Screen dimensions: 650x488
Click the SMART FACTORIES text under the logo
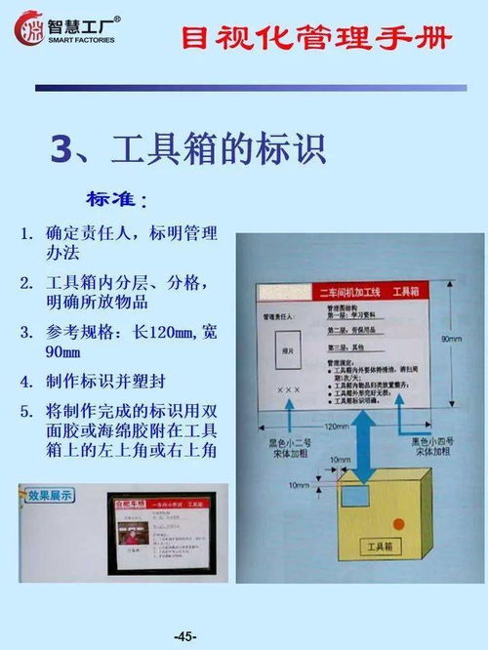(x=81, y=41)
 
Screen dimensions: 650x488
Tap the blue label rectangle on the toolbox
(x=356, y=496)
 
